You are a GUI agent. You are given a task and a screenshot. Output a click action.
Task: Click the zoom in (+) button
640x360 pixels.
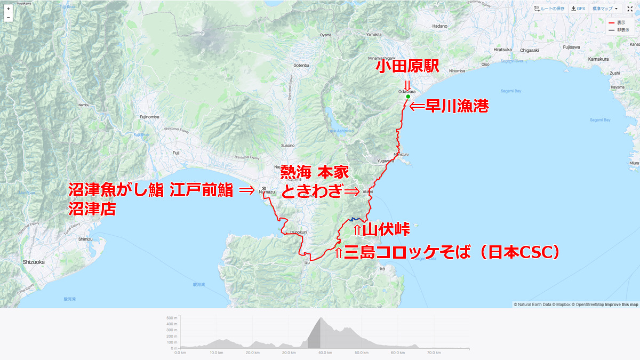coord(9,9)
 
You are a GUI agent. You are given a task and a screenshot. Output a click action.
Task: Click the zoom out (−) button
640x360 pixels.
coord(9,18)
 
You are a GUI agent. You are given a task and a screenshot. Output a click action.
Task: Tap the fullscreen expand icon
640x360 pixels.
coord(630,9)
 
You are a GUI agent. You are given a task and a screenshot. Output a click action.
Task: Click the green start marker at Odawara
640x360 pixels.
coord(407,97)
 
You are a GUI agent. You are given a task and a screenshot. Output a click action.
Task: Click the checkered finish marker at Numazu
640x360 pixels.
coord(263,189)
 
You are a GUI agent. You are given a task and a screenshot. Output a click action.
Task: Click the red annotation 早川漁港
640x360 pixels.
coord(449,107)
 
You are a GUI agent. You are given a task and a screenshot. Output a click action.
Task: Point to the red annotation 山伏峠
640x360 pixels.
coord(382,230)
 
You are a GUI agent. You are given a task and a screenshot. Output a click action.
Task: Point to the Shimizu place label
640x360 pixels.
coord(85,239)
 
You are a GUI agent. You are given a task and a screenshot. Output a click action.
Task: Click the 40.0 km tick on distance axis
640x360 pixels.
coord(323,353)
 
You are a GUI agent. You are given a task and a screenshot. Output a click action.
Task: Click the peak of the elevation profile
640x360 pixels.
coord(322,318)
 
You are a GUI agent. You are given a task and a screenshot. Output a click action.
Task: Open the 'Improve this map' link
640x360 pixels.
coord(621,305)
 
